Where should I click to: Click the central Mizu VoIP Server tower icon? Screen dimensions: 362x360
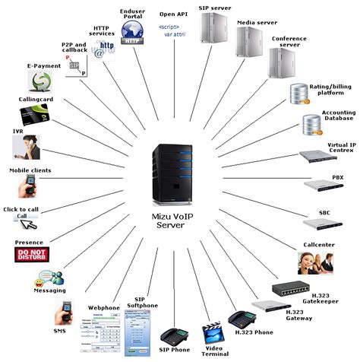[x=178, y=174]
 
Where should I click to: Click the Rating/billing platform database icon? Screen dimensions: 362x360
[x=298, y=94]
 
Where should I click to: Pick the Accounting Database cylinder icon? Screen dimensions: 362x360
[x=311, y=123]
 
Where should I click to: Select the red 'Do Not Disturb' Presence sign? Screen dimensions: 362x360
[x=32, y=254]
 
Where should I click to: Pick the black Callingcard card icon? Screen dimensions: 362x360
[x=35, y=115]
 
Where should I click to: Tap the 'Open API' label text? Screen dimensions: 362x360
[x=175, y=13]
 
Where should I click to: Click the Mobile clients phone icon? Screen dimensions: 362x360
[x=30, y=185]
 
